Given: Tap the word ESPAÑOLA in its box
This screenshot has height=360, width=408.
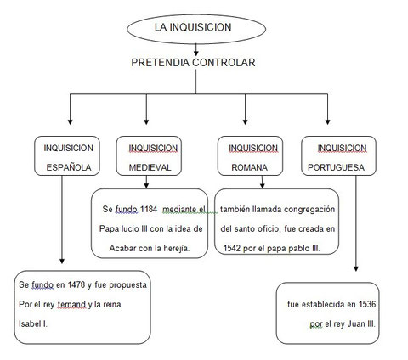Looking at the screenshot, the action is coord(69,167).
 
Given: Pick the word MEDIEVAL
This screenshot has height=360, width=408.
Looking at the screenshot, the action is coord(150,167).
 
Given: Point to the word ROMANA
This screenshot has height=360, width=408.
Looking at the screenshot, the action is coord(249,167).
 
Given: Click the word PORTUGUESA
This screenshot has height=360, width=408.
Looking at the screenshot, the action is coord(336,167).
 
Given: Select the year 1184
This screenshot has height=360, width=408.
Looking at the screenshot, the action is coord(149,209).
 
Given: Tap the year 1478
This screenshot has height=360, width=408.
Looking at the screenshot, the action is coord(76,284).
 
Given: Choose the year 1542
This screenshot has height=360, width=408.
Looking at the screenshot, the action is coord(232,248).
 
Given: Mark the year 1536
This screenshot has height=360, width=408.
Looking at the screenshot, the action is coord(367,304).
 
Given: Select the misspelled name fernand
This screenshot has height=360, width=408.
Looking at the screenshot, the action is coord(71,305).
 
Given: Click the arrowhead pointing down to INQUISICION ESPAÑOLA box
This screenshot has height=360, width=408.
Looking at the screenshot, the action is coord(70,122).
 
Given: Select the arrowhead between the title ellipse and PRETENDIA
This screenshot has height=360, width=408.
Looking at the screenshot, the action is coord(195,53).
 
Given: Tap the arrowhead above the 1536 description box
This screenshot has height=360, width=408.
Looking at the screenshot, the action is coord(356,268).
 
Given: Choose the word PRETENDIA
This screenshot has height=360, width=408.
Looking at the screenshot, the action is coord(160,63).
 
